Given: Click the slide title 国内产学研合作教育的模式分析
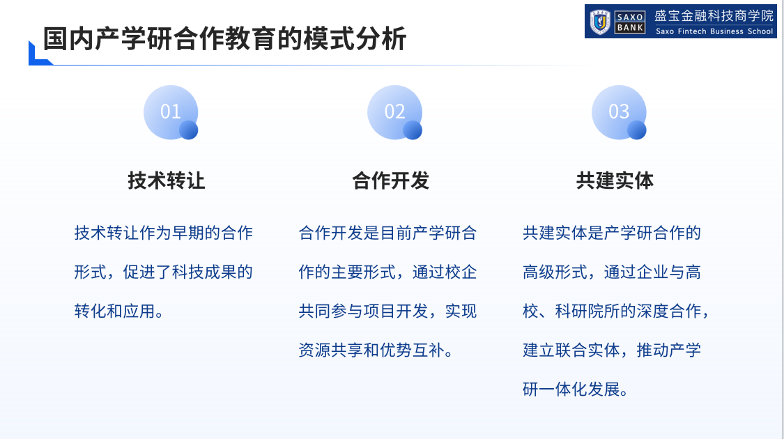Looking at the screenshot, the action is [x=224, y=39].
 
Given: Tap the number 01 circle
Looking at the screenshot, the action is [x=171, y=112].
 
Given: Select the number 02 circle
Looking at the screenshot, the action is [x=394, y=112].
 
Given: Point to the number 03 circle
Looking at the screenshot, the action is [x=619, y=112].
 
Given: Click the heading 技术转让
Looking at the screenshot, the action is [x=167, y=180].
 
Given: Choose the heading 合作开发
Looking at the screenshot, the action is [x=390, y=180].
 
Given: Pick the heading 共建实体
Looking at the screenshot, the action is [x=615, y=180].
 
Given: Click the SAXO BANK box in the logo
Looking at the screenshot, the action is [x=630, y=22].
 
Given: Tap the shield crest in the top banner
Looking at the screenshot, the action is [x=600, y=22].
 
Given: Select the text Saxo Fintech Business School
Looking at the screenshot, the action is [x=714, y=31].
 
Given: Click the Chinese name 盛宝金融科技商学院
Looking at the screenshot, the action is [x=714, y=16].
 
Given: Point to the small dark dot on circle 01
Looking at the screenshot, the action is [x=188, y=130].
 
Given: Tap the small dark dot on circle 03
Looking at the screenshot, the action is [x=636, y=130].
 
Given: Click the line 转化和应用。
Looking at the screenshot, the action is [x=119, y=311].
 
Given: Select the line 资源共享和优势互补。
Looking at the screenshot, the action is [x=376, y=350].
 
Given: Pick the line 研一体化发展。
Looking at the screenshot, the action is [x=575, y=389].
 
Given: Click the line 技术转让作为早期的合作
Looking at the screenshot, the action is [x=164, y=233].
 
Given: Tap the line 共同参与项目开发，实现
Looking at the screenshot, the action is [x=387, y=311].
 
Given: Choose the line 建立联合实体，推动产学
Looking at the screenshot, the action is [x=611, y=350].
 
